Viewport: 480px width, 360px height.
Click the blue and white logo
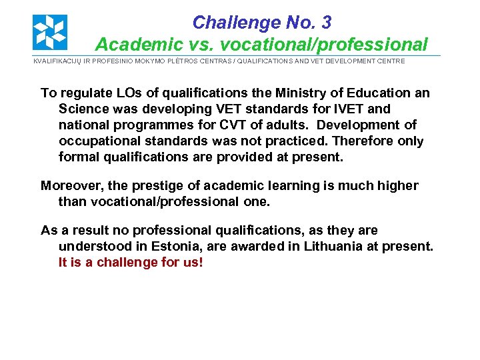click(50, 32)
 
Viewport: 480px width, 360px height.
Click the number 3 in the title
click(325, 23)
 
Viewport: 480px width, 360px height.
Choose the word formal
click(78, 157)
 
